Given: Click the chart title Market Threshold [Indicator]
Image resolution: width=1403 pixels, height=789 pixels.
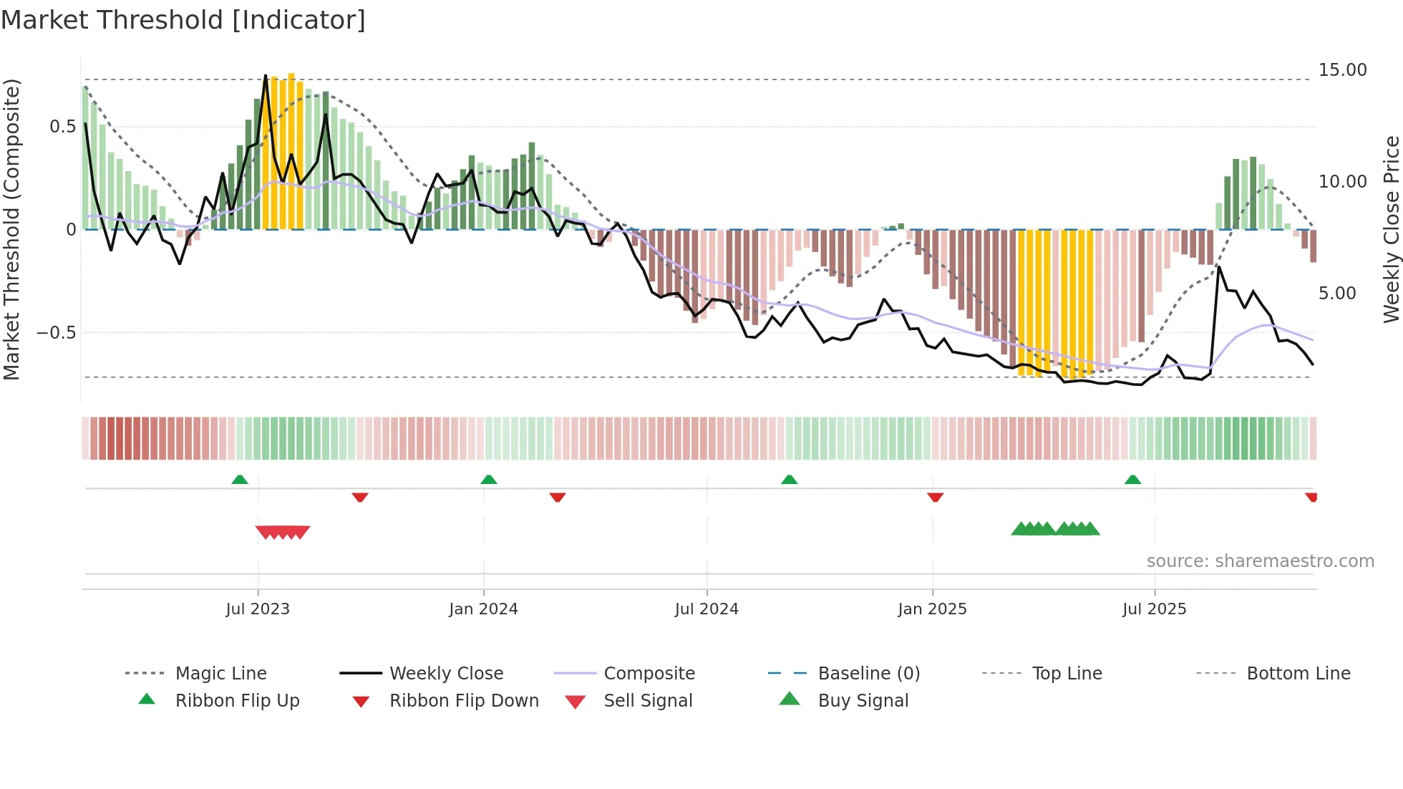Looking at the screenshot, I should coord(183,20).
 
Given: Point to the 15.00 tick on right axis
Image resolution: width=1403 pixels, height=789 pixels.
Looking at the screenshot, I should coord(1342,70).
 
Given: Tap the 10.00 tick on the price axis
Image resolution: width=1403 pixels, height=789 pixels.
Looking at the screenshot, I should coord(1342,182).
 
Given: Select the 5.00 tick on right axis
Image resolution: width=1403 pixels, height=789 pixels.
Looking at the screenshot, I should coord(1336,294).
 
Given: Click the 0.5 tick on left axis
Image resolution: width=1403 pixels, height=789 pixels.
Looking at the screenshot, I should coord(62,127).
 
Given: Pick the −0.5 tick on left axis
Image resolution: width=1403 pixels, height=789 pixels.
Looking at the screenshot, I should coord(56,333).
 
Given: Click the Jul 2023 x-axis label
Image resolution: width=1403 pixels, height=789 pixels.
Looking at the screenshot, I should coord(258,609).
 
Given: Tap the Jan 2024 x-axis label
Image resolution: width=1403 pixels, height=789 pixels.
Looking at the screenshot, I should coord(483,609).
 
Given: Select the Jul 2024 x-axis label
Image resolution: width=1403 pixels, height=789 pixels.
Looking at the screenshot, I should coord(707,609).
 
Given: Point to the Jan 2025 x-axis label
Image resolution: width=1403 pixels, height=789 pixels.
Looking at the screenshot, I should coord(932,609).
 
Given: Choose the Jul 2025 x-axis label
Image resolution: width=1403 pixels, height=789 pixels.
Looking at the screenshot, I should coord(1154,609).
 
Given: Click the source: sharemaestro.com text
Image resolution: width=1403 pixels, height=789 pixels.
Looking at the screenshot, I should coord(1260,561).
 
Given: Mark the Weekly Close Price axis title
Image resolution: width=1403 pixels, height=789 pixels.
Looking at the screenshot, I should coord(1391,229).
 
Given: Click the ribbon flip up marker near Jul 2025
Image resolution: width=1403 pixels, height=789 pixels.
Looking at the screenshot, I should coord(1132,480).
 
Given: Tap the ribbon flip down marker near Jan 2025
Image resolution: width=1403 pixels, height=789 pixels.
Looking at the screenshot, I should coord(935,497).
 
